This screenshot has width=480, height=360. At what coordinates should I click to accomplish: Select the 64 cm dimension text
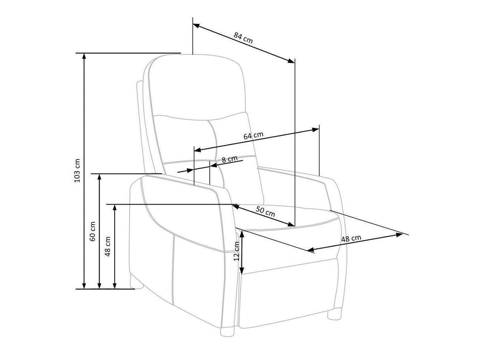pos(253,136)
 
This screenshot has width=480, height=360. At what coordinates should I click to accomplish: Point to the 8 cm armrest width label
pos(229,159)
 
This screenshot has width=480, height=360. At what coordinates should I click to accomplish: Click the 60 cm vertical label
pos(93,231)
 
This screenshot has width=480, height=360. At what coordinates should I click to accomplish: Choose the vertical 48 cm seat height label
pos(108,246)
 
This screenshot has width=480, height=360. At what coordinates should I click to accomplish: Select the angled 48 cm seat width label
pos(351,239)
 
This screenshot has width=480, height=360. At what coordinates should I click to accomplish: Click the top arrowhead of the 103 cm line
pos(84,56)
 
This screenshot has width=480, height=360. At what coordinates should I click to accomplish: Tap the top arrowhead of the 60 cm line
pos(100,177)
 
